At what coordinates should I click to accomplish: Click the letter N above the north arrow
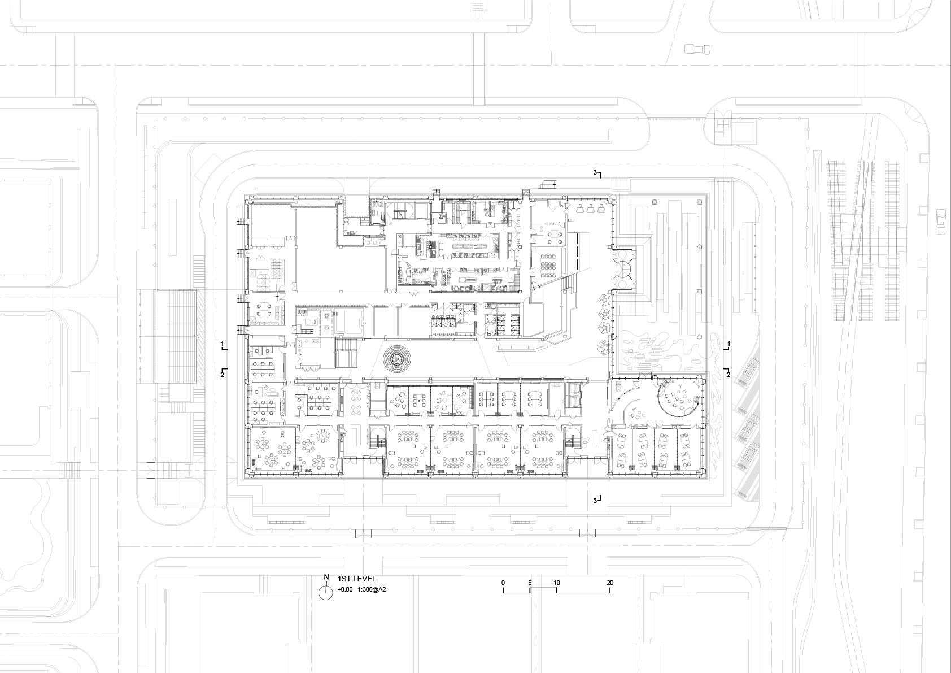pos(326,577)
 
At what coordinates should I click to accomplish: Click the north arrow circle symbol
pos(326,592)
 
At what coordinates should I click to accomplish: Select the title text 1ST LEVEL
pos(356,579)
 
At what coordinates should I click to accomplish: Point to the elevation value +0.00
pos(345,590)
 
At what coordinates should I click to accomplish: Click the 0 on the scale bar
pos(503,583)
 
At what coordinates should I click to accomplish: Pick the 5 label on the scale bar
pos(530,583)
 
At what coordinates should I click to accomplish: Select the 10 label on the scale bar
pos(557,583)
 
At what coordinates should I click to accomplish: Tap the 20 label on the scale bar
pos(610,583)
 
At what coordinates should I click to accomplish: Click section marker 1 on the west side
pos(223,344)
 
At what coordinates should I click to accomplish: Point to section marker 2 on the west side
pos(223,373)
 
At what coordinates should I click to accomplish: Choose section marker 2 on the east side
pos(728,374)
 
